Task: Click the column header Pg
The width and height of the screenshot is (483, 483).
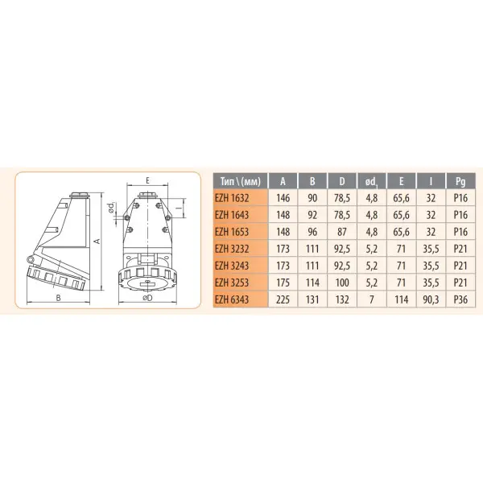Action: tap(460, 181)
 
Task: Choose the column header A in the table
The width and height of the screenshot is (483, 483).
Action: tap(283, 181)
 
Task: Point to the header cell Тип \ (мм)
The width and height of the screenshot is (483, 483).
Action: tap(239, 181)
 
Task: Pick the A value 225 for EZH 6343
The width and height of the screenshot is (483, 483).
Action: tap(283, 299)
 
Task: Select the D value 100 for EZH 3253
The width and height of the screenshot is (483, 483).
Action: tap(345, 283)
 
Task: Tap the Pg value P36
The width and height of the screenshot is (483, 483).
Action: tap(460, 299)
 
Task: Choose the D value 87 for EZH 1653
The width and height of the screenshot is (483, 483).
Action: tap(345, 232)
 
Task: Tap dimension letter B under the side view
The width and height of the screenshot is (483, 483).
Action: tap(59, 297)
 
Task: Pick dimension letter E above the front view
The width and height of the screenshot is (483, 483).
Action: tap(150, 181)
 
